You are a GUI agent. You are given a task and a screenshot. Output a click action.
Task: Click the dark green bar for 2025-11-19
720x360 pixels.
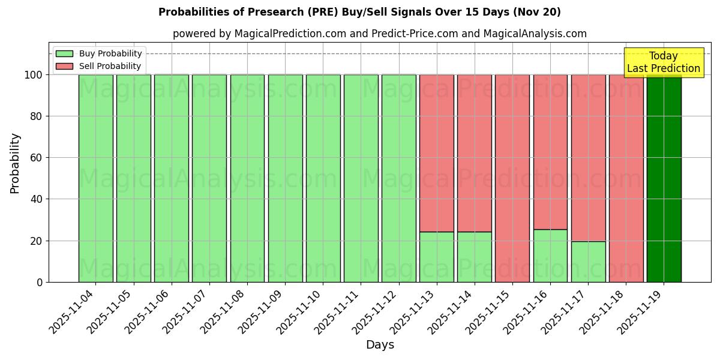click(x=664, y=178)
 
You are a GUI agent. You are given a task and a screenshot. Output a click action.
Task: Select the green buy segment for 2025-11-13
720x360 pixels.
click(x=436, y=257)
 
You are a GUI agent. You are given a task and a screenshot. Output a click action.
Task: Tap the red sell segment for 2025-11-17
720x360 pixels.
click(x=588, y=158)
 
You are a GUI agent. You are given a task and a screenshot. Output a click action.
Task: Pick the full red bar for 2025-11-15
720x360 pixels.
click(x=512, y=178)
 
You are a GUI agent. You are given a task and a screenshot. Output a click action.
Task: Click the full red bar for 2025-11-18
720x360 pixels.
click(x=626, y=178)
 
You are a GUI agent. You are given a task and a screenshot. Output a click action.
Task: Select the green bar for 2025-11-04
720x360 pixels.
click(x=95, y=178)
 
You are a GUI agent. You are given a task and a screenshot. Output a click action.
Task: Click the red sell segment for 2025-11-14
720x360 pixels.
click(x=474, y=153)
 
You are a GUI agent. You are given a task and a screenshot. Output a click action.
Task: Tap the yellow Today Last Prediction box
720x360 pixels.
click(x=663, y=62)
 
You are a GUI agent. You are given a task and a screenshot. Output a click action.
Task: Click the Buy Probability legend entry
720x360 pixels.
click(x=99, y=53)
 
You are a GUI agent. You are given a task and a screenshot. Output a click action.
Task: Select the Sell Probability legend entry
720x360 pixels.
click(x=99, y=66)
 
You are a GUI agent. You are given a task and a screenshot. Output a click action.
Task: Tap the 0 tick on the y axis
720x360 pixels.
click(x=40, y=282)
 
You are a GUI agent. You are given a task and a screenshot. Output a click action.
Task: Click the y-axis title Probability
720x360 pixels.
click(x=15, y=163)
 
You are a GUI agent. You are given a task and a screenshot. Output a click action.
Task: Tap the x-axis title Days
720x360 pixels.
click(x=380, y=344)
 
